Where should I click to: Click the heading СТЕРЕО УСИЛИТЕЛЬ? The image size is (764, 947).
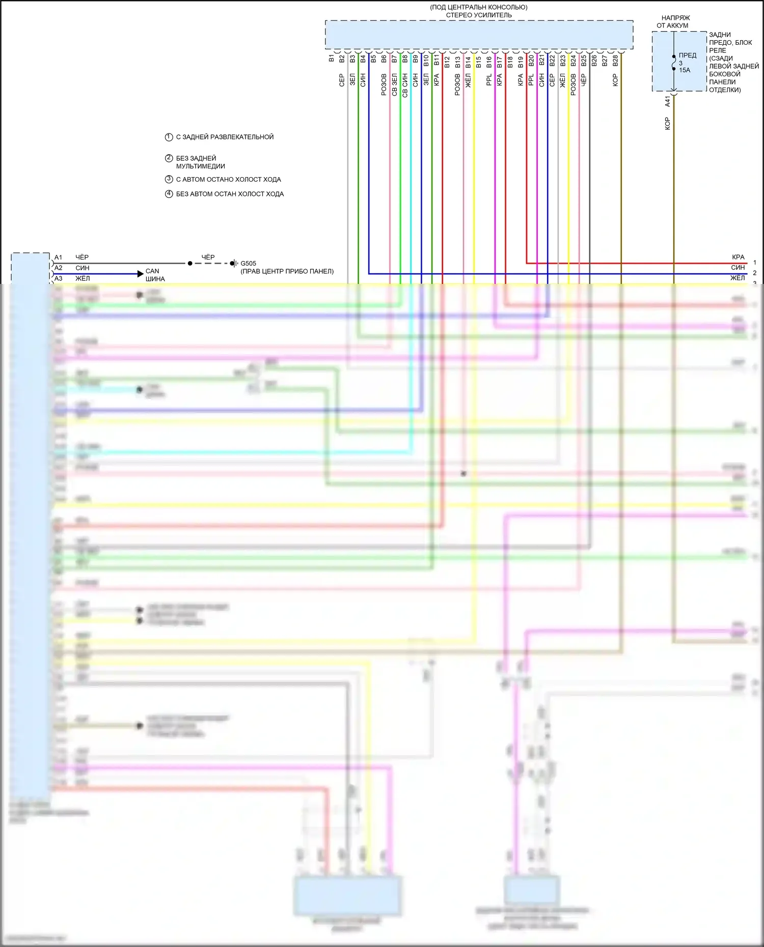(x=479, y=15)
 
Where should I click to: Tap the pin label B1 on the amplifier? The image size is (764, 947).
(x=331, y=59)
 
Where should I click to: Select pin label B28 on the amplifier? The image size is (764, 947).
(x=615, y=61)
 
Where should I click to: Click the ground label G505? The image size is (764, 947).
(x=248, y=264)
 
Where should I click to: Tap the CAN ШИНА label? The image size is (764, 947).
(x=155, y=275)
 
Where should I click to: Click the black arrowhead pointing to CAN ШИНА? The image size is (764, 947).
(x=141, y=274)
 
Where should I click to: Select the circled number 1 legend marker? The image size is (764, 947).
(x=169, y=137)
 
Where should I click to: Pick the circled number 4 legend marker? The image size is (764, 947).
(x=169, y=194)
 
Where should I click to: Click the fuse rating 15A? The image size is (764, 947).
(x=685, y=70)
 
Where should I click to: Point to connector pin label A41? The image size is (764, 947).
(x=668, y=101)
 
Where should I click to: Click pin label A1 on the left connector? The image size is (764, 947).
(x=59, y=257)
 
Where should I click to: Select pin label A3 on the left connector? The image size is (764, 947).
(x=59, y=278)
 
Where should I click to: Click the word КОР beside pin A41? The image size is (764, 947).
(x=668, y=124)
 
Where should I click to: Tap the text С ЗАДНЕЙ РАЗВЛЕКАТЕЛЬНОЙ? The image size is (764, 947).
(x=225, y=137)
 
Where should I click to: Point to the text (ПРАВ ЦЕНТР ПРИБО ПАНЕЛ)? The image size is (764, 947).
(x=287, y=271)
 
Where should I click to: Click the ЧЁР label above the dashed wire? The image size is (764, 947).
(x=208, y=257)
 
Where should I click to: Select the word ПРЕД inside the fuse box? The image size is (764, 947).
(x=688, y=55)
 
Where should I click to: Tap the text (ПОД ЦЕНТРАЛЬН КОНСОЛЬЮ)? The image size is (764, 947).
(x=479, y=7)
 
